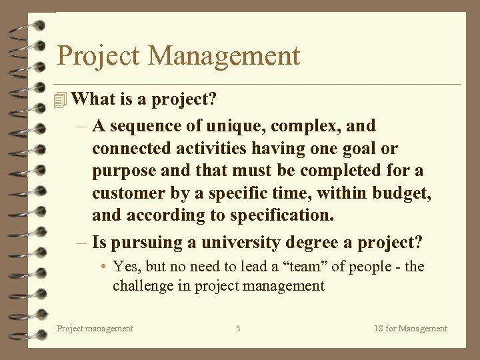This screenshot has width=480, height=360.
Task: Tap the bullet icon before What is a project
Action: (61, 100)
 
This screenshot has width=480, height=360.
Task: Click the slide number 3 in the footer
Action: (238, 328)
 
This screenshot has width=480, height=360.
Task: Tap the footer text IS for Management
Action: (410, 328)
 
